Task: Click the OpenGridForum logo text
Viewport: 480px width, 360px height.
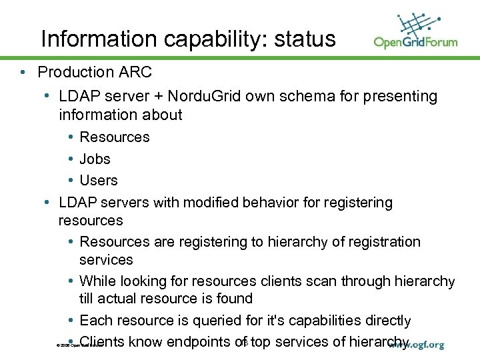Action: [415, 42]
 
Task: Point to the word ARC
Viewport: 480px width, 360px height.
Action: [136, 72]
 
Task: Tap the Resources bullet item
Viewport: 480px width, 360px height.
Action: [115, 137]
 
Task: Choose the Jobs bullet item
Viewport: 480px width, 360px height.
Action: [95, 159]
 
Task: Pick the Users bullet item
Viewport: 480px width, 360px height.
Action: [98, 181]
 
